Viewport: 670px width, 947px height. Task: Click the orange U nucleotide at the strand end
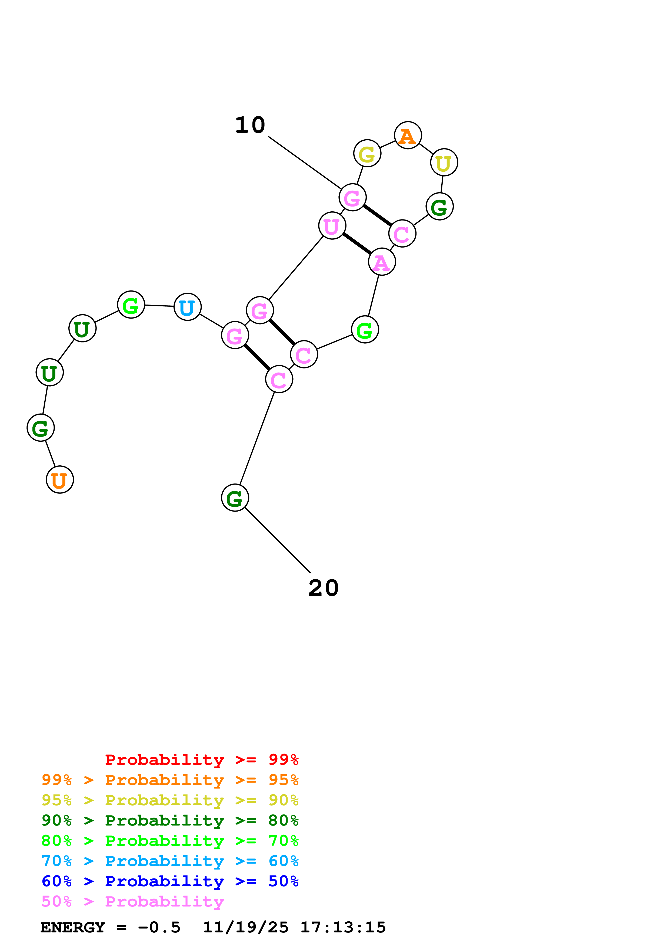click(x=60, y=480)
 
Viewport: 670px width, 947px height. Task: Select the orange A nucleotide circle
click(x=408, y=135)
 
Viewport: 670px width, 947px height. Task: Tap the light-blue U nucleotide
click(x=187, y=307)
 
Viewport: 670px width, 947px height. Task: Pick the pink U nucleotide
click(x=332, y=226)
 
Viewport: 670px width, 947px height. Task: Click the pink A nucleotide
click(x=382, y=262)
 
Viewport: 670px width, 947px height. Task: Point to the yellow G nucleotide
click(x=367, y=153)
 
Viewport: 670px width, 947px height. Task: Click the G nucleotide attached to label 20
click(x=235, y=498)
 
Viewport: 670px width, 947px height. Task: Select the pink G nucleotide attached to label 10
click(x=352, y=198)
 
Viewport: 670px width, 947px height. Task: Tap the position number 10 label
click(x=250, y=125)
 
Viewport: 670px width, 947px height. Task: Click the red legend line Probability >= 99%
click(x=201, y=760)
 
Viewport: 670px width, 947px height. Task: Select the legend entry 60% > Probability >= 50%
click(x=170, y=881)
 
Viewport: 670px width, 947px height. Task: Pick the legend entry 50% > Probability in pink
click(x=132, y=902)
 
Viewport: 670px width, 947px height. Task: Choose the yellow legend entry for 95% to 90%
click(x=170, y=800)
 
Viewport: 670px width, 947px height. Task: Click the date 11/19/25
click(x=246, y=928)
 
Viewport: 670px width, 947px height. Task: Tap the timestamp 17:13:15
click(x=343, y=928)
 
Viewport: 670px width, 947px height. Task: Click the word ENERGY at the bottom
click(x=73, y=928)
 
